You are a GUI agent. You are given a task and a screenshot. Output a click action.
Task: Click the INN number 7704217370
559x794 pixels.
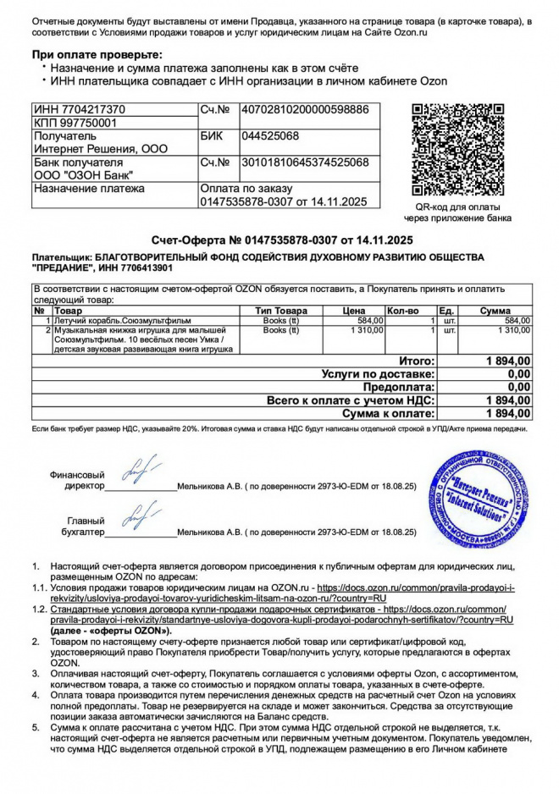79,110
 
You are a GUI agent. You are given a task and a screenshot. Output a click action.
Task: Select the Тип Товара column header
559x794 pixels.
282,311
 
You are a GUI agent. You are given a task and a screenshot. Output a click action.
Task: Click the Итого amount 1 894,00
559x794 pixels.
508,361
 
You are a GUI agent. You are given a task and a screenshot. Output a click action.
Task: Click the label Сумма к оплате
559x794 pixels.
389,413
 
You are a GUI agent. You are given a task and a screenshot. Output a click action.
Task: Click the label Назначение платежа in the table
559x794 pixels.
88,188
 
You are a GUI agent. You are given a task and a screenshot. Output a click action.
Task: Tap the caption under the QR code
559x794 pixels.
462,212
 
